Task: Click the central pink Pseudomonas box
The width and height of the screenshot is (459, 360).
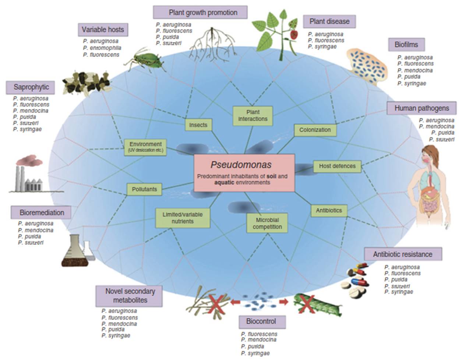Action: (244, 172)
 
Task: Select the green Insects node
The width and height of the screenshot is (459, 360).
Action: (198, 125)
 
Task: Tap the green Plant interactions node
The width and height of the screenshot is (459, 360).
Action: (253, 115)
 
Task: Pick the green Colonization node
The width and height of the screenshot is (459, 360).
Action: (315, 130)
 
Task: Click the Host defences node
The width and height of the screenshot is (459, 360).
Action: (337, 166)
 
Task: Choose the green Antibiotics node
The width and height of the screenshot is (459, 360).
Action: (329, 211)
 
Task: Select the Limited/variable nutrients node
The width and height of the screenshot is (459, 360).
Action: (183, 218)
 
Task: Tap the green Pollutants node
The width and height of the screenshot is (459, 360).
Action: (144, 189)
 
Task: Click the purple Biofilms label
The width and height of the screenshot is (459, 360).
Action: (406, 45)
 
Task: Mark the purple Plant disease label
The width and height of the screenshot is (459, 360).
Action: (329, 21)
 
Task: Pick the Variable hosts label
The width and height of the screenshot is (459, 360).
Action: (103, 29)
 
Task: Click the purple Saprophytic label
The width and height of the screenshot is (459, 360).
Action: (31, 87)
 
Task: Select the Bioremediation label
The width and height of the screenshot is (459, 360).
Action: (42, 213)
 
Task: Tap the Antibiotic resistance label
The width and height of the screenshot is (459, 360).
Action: (403, 254)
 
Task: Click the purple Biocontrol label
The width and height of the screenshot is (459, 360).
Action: (261, 321)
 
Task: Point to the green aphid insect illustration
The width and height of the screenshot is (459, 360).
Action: (147, 59)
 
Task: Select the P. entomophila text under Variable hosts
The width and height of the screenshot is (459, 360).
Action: (102, 48)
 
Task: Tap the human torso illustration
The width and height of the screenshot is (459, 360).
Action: (431, 184)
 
